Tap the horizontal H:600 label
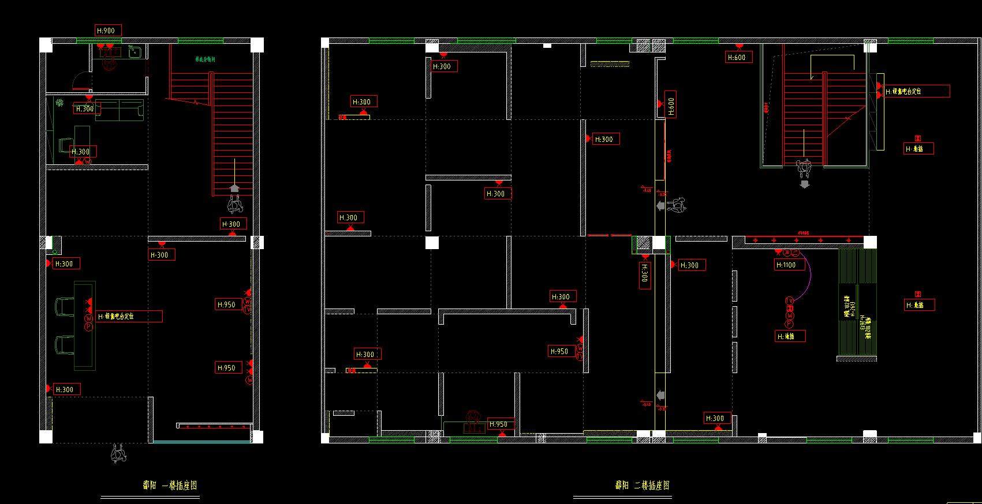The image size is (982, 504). [738, 57]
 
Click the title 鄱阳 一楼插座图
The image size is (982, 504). [170, 485]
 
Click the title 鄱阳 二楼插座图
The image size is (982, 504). [643, 485]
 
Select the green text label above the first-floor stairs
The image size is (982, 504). [205, 59]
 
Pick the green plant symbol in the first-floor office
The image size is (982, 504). [59, 103]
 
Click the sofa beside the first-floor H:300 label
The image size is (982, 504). [119, 110]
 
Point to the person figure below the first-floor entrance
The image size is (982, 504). [118, 454]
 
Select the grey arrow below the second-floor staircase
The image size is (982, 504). [804, 185]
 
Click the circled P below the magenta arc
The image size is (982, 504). [790, 324]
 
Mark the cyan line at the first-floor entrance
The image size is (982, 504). [202, 442]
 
